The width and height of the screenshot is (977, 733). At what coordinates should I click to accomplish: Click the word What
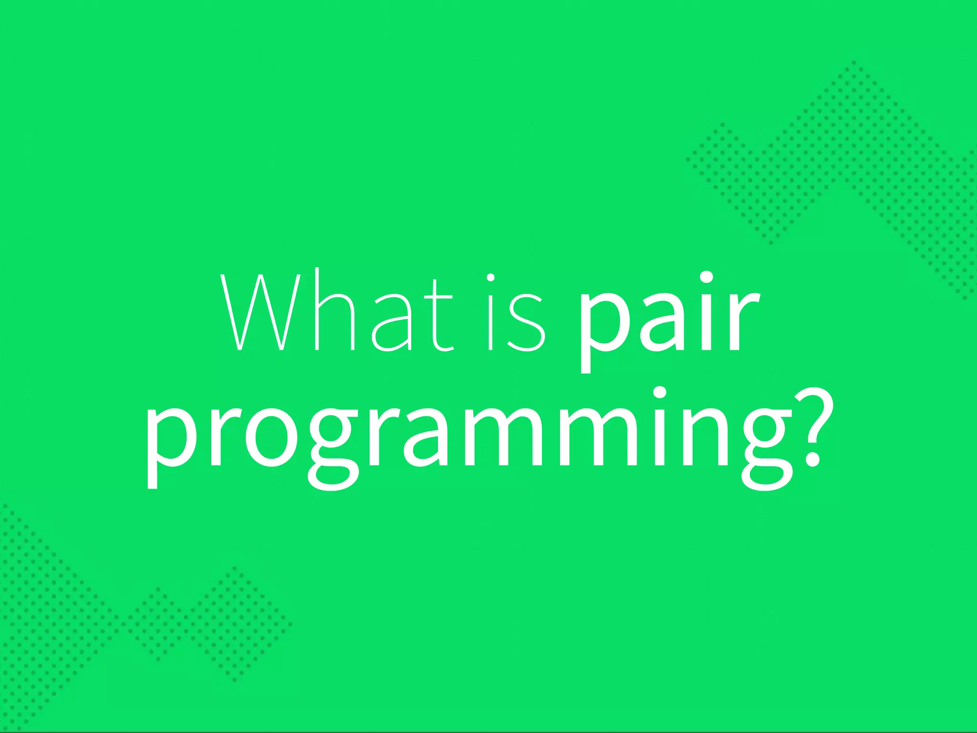click(x=336, y=313)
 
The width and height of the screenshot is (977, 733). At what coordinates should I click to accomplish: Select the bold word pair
click(x=668, y=317)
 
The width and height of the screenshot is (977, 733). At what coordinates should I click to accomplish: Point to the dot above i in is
click(x=490, y=277)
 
